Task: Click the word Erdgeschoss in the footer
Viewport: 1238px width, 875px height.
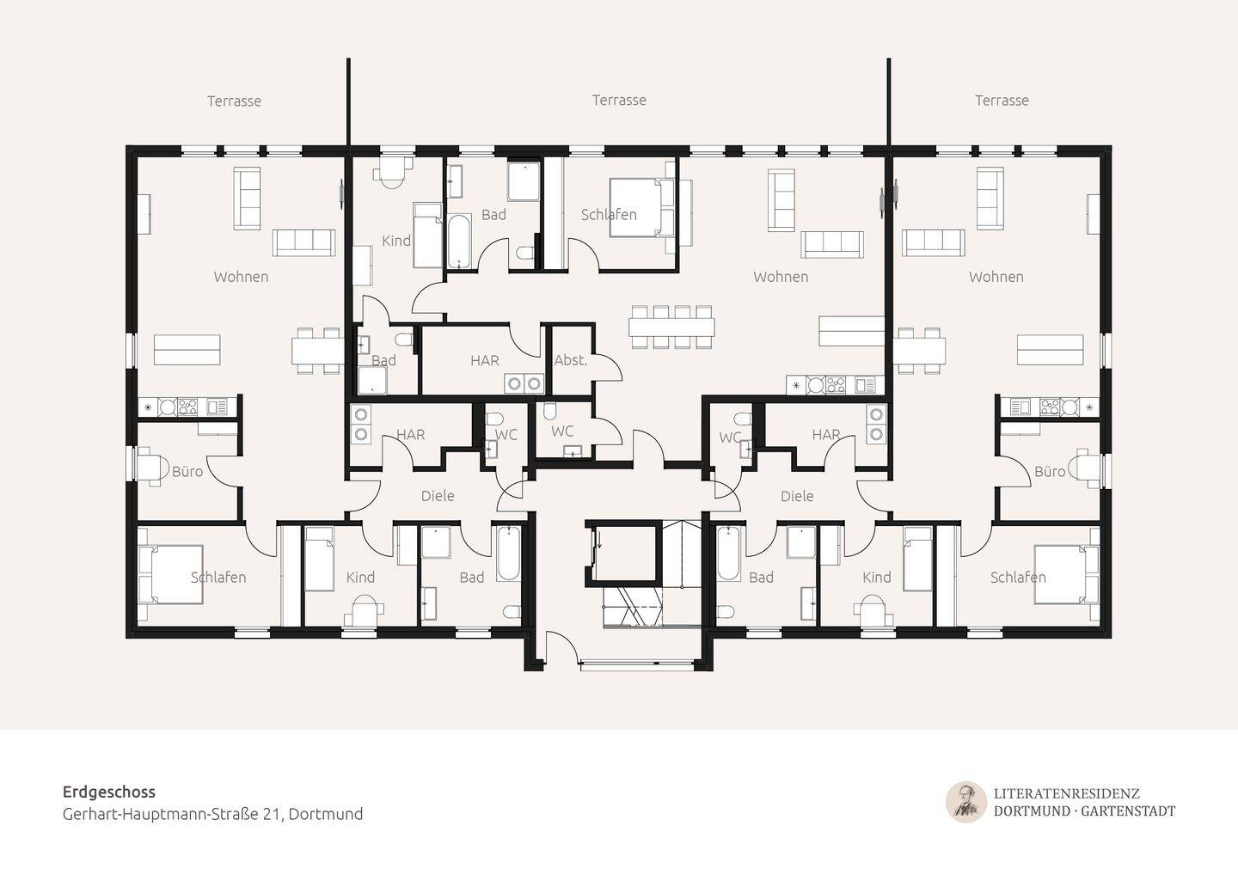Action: [x=109, y=792]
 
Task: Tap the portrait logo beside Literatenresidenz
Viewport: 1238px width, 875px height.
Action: [x=966, y=802]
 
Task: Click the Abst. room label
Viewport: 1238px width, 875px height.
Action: [x=570, y=360]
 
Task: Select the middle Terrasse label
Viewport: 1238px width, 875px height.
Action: [x=619, y=100]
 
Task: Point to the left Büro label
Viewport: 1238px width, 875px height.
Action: [x=187, y=471]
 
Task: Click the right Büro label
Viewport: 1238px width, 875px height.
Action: [x=1050, y=471]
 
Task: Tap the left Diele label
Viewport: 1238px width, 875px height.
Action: [x=438, y=495]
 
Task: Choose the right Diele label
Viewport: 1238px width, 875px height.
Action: [x=797, y=495]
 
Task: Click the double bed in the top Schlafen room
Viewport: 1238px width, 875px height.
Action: [x=642, y=207]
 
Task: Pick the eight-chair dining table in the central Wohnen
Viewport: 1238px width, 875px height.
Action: [x=671, y=327]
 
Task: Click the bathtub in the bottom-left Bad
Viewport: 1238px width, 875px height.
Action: [x=508, y=554]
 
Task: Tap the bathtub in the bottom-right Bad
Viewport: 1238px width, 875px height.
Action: [x=728, y=554]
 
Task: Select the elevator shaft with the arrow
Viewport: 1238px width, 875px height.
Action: [x=622, y=553]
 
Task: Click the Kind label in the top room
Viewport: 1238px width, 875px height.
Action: [x=396, y=241]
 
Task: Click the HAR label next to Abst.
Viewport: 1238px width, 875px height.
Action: [x=485, y=360]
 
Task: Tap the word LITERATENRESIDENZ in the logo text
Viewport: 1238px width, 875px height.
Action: [x=1067, y=793]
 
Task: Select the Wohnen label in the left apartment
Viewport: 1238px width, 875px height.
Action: [x=241, y=276]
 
